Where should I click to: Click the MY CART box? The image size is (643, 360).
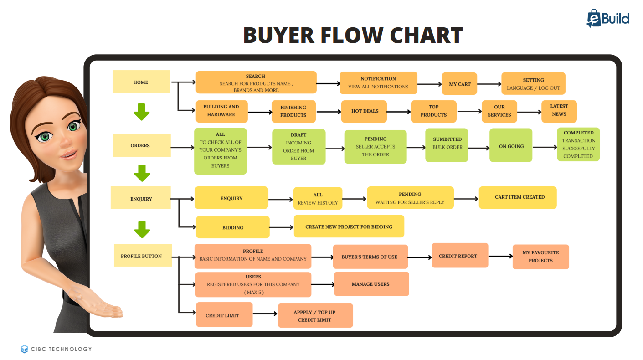point(459,84)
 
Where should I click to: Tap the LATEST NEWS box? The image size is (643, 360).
point(559,111)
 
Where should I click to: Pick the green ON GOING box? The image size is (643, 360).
point(510,146)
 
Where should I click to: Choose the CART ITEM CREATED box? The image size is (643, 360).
point(518,197)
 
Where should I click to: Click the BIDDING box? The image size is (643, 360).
point(233,227)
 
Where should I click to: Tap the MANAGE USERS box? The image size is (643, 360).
point(371,284)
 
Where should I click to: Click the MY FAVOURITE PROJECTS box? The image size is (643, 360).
point(540,257)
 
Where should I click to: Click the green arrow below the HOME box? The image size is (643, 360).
point(142,112)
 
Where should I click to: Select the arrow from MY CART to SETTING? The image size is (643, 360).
point(489,84)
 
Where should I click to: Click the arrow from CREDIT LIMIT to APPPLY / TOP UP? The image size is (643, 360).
point(265,314)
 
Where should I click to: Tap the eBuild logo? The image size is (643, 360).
point(607,19)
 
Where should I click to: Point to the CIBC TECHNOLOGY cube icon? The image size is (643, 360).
point(24,349)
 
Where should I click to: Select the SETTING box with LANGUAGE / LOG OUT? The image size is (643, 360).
point(533,84)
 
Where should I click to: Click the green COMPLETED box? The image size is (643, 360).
point(578,144)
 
